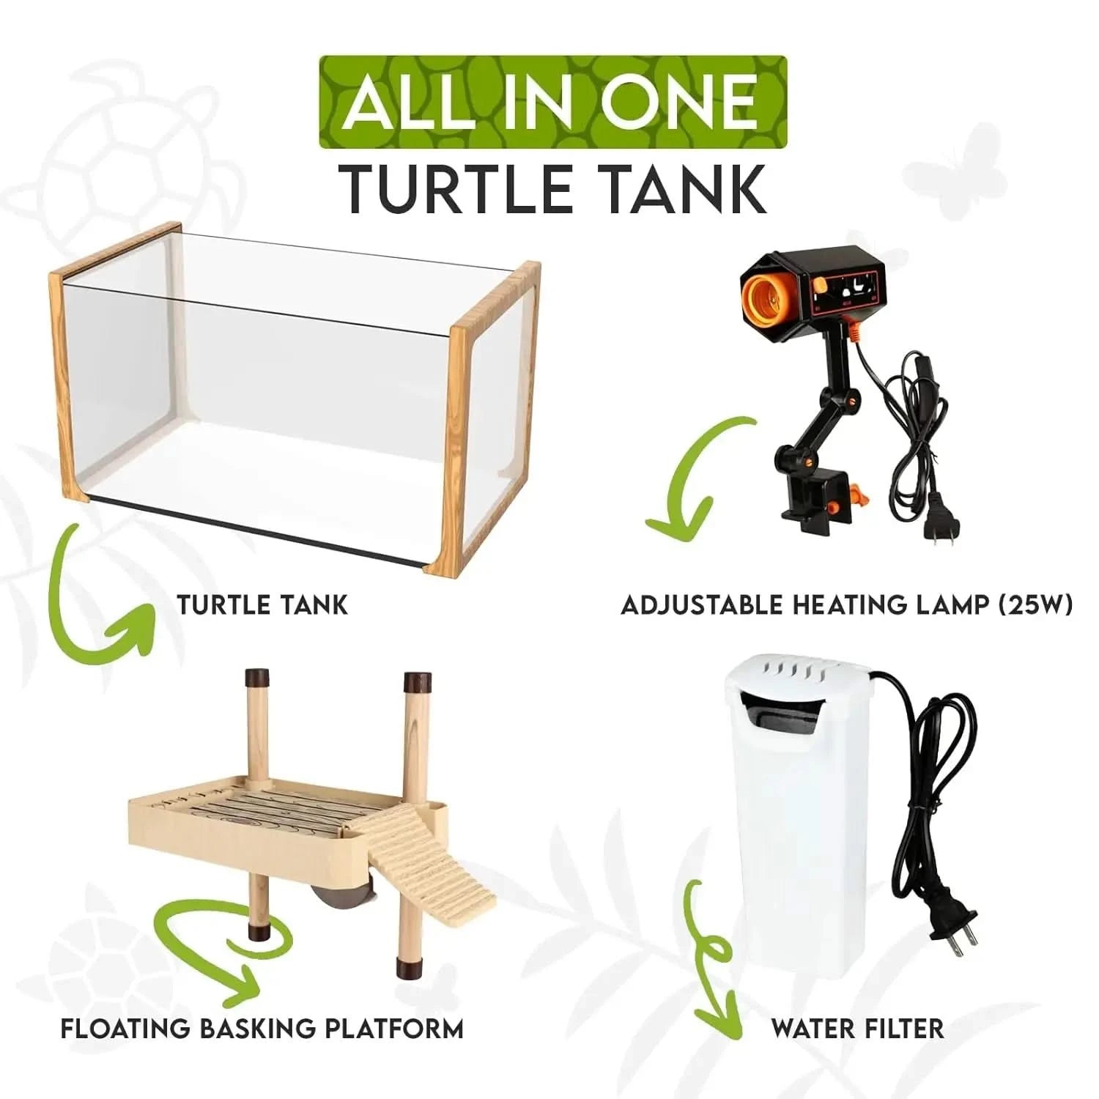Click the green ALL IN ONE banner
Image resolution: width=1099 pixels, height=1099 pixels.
[x=553, y=102]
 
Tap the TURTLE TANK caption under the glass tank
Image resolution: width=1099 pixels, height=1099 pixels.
[x=262, y=604]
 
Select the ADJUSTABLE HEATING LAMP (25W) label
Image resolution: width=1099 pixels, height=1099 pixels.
[x=846, y=604]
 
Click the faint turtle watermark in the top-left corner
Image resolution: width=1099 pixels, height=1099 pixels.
[x=132, y=139]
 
